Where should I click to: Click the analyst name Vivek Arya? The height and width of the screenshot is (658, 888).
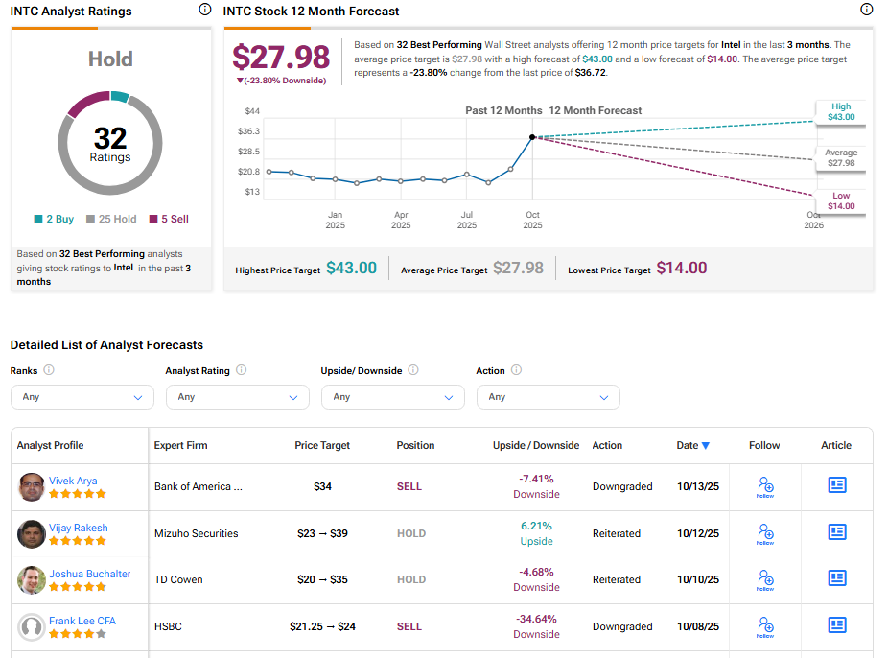pyautogui.click(x=73, y=481)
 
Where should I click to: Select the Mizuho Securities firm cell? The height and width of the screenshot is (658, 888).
pyautogui.click(x=196, y=533)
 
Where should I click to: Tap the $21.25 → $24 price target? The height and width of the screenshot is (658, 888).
pyautogui.click(x=322, y=626)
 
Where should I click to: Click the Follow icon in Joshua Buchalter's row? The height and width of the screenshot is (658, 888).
pyautogui.click(x=764, y=579)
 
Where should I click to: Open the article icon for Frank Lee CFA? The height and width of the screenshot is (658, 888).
pyautogui.click(x=836, y=626)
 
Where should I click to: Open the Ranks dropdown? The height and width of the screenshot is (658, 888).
pyautogui.click(x=82, y=397)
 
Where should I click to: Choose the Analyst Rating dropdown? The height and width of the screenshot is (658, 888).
pyautogui.click(x=237, y=397)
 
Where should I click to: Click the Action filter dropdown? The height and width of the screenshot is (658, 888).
pyautogui.click(x=548, y=397)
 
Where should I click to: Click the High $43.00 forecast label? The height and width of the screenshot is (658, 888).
pyautogui.click(x=841, y=112)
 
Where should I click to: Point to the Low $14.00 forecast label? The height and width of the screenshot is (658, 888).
pyautogui.click(x=841, y=200)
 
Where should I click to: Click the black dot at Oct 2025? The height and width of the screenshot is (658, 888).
pyautogui.click(x=532, y=137)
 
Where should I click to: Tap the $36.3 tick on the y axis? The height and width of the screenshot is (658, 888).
pyautogui.click(x=249, y=130)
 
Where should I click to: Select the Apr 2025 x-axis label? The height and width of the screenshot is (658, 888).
pyautogui.click(x=401, y=220)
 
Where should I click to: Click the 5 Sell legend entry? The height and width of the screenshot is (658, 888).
pyautogui.click(x=169, y=219)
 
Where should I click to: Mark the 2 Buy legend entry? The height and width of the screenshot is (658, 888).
pyautogui.click(x=54, y=219)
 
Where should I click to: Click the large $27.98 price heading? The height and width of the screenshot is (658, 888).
pyautogui.click(x=281, y=57)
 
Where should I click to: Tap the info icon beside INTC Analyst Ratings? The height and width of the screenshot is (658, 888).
pyautogui.click(x=204, y=10)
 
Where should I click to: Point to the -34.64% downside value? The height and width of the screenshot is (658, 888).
pyautogui.click(x=536, y=619)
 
